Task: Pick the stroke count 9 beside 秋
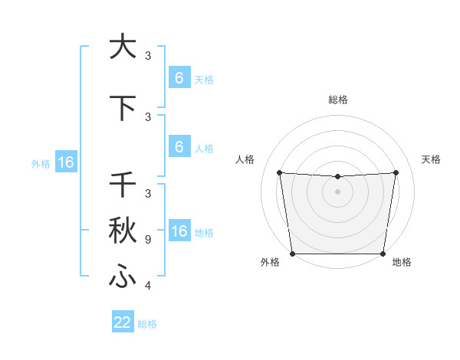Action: click(x=147, y=240)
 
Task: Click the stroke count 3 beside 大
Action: click(x=148, y=56)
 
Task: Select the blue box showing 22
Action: click(x=123, y=322)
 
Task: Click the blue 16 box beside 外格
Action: click(x=65, y=162)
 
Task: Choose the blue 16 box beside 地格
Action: click(x=179, y=231)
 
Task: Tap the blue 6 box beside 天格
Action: click(x=179, y=78)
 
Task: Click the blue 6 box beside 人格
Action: click(x=179, y=147)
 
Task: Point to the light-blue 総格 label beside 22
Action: click(x=148, y=324)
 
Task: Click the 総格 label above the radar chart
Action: click(x=337, y=100)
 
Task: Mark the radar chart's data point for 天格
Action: click(x=396, y=172)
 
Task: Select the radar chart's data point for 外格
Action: click(x=292, y=254)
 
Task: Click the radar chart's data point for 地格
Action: click(x=383, y=254)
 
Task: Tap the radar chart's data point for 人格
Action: click(x=279, y=172)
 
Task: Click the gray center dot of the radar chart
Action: click(x=337, y=191)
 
